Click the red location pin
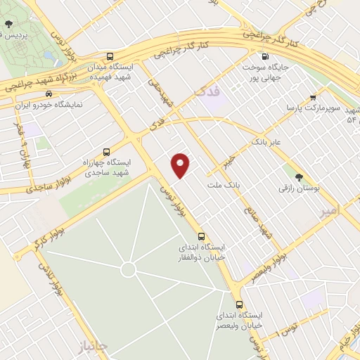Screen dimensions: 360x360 [181, 165]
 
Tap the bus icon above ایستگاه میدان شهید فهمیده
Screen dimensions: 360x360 [108, 56]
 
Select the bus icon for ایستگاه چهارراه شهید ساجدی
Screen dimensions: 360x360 [106, 151]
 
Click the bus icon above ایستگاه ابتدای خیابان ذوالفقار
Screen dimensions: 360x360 [202, 236]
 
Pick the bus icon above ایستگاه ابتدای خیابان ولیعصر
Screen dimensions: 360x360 [240, 305]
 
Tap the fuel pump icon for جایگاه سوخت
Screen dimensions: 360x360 [264, 57]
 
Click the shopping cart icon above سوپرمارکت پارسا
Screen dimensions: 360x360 [312, 98]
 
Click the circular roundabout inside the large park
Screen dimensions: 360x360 [127, 269]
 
